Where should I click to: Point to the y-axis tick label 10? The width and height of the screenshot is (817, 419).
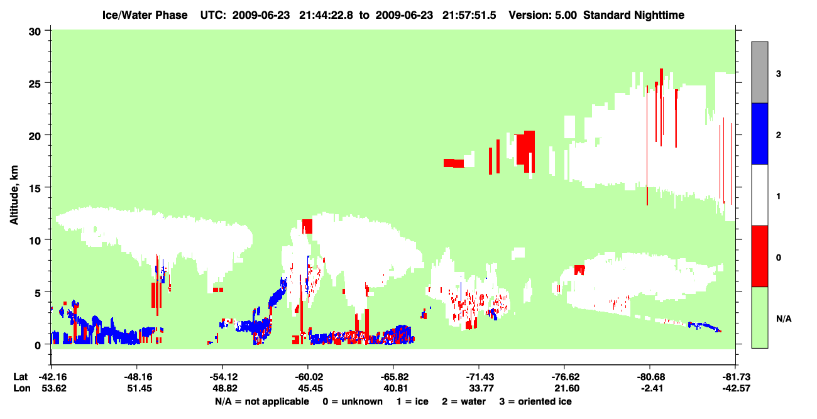click(35, 241)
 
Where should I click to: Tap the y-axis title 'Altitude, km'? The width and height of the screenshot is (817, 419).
click(14, 195)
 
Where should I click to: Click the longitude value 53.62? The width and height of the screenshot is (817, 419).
click(54, 388)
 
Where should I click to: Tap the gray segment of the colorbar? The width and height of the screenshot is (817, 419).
click(759, 72)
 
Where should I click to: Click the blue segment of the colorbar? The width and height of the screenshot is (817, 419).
click(759, 133)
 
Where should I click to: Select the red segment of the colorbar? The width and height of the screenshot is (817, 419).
click(759, 256)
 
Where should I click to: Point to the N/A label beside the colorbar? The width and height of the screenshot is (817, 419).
click(784, 319)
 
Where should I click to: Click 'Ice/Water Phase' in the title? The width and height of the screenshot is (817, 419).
click(145, 15)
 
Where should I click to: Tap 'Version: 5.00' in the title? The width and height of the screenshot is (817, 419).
click(543, 15)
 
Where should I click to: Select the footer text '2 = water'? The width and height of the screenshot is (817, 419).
click(464, 401)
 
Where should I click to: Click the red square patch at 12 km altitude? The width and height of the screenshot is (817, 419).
click(307, 226)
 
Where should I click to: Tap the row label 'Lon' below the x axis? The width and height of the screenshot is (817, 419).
click(22, 388)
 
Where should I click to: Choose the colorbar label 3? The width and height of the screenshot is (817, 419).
click(778, 73)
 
